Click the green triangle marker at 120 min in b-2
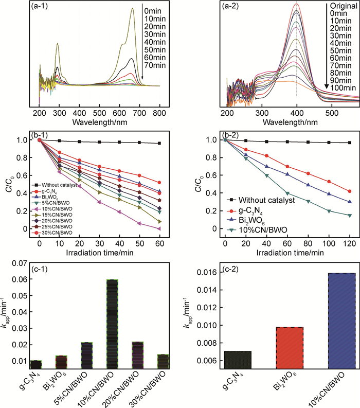tap(350, 215)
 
